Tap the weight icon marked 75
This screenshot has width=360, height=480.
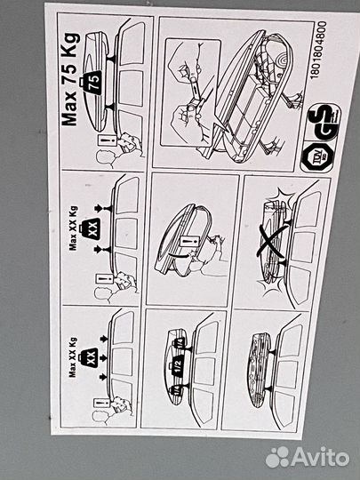[x=95, y=82]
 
